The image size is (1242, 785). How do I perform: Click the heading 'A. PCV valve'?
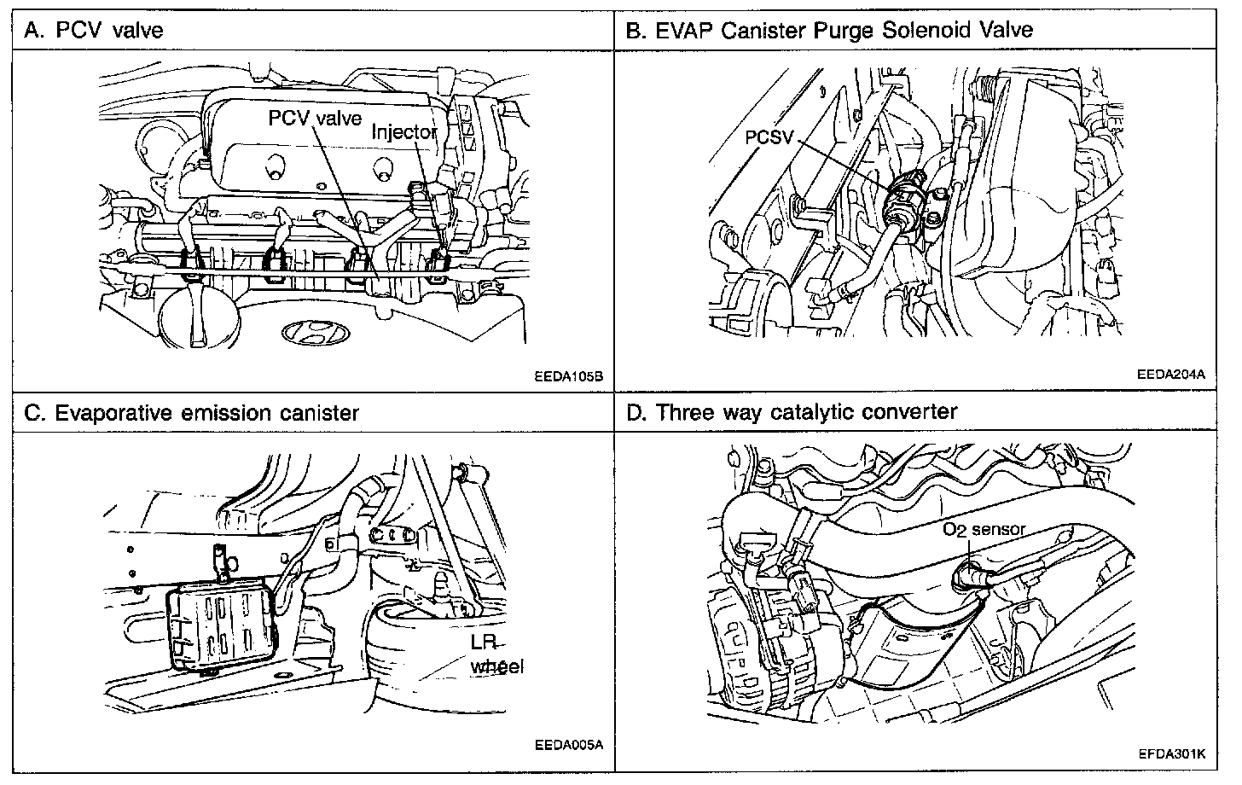(x=94, y=31)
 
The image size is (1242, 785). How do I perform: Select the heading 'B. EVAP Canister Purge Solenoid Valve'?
(x=829, y=31)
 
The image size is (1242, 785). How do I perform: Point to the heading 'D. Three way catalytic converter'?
(x=792, y=412)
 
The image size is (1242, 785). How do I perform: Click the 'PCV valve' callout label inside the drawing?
(x=315, y=118)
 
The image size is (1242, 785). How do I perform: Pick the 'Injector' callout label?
(x=404, y=133)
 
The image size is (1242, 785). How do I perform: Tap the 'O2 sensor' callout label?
(x=984, y=529)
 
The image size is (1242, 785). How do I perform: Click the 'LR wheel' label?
(x=497, y=654)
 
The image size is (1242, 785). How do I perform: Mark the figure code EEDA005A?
(x=571, y=743)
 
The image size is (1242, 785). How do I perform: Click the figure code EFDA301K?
(x=1170, y=754)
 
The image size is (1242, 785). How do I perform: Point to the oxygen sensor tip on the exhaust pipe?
(x=962, y=578)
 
